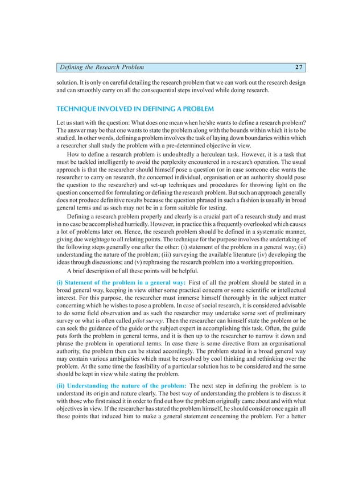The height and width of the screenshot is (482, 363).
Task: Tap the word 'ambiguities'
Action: pos(142,361)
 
